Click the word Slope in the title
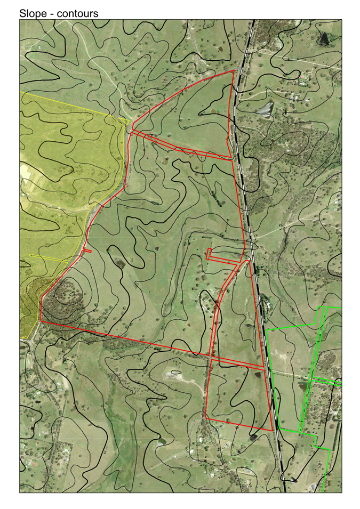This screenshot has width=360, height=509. [x=33, y=13]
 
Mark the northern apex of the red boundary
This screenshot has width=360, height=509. [x=233, y=70]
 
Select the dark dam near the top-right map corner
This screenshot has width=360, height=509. [x=324, y=38]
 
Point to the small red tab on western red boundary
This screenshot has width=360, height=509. [x=88, y=251]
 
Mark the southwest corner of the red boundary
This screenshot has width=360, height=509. [x=41, y=322]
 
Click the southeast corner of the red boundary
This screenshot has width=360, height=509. [x=273, y=431]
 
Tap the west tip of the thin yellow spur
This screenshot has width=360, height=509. [x=31, y=255]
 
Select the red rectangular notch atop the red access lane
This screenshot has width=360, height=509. [x=209, y=253]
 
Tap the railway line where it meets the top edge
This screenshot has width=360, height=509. [x=253, y=21]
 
